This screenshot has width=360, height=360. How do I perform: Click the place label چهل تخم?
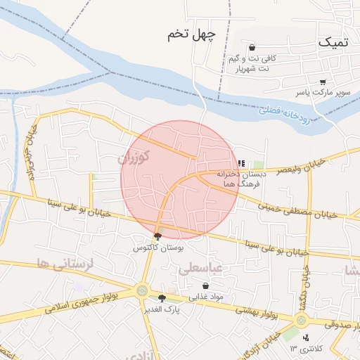point(191,34)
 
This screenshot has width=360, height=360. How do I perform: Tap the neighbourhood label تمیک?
point(332,42)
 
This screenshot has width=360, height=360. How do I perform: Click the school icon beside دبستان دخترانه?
point(242,163)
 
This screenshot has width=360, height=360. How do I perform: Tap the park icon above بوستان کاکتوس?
point(157,237)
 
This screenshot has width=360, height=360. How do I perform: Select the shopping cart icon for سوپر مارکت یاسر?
point(322,82)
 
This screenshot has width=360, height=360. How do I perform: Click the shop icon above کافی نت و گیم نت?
point(252,48)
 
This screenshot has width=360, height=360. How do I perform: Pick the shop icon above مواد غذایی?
point(205,286)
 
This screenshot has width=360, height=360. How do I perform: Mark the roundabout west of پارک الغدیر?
point(143,290)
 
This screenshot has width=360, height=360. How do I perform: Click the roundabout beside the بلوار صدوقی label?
point(302,321)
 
